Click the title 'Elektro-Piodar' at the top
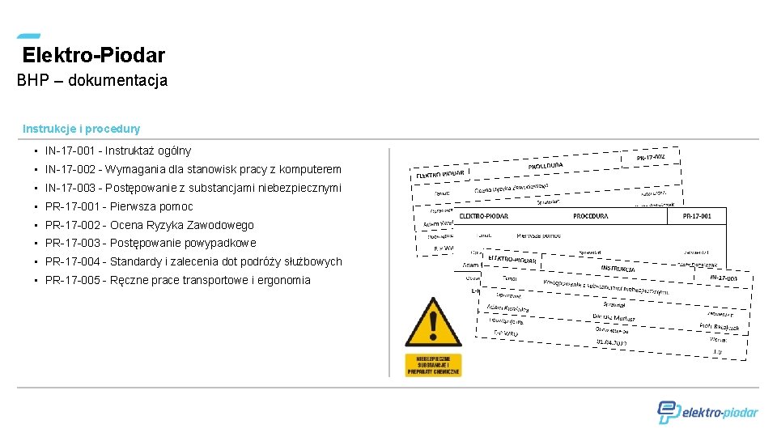(x=94, y=56)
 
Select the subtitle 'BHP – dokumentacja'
(x=92, y=81)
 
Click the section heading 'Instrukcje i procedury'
(x=81, y=129)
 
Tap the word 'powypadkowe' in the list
(x=220, y=243)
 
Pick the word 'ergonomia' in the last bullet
(x=282, y=280)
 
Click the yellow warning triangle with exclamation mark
(x=434, y=323)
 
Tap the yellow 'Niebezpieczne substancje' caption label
(x=434, y=364)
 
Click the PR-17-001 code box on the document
(x=697, y=216)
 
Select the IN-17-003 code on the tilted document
(x=723, y=278)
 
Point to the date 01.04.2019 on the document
(x=612, y=342)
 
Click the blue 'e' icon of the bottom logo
(x=668, y=412)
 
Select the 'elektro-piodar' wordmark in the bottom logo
(x=720, y=413)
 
